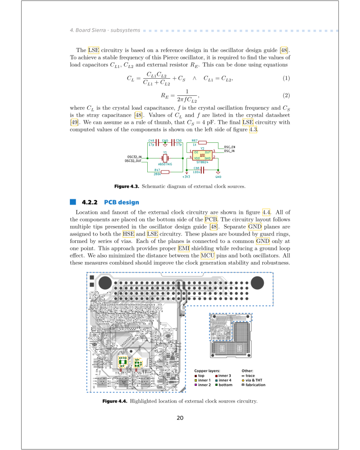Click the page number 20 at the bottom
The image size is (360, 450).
click(x=180, y=418)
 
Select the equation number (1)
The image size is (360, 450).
click(x=286, y=79)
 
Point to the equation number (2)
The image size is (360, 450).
click(x=286, y=95)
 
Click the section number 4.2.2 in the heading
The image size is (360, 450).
click(x=89, y=202)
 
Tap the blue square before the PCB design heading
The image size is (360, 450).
click(x=73, y=202)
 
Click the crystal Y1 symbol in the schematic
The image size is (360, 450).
click(x=165, y=158)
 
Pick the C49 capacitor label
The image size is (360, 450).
click(x=152, y=140)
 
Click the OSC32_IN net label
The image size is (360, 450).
click(x=135, y=157)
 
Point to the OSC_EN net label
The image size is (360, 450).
click(x=230, y=147)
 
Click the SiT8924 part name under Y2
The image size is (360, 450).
click(x=202, y=162)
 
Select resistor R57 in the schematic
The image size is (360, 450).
click(x=202, y=142)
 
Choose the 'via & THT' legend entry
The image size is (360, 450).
click(x=254, y=380)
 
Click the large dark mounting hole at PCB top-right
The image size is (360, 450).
click(x=257, y=283)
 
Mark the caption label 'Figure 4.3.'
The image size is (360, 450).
click(x=127, y=186)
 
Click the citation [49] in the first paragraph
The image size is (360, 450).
click(x=74, y=122)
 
